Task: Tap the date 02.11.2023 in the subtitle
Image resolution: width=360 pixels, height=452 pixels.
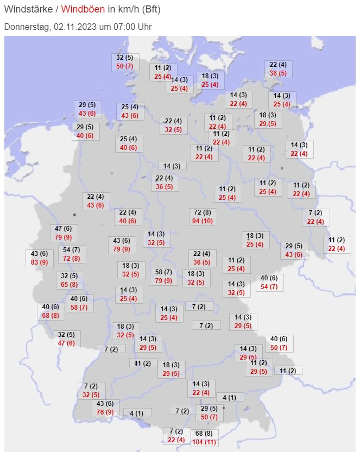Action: [x=74, y=27]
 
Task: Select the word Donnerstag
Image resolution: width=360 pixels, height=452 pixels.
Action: [x=27, y=27]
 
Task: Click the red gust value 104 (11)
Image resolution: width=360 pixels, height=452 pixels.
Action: [x=204, y=442]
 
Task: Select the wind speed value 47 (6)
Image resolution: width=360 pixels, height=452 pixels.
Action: [x=64, y=229]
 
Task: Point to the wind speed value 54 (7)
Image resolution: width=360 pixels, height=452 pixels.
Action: [x=72, y=249]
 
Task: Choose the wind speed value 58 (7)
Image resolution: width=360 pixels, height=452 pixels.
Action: [x=163, y=272]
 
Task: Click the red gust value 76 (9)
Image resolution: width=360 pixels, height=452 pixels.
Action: [x=105, y=412]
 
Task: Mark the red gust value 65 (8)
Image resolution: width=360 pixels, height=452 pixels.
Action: [x=69, y=284]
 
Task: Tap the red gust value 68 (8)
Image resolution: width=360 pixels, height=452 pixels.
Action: [x=50, y=316]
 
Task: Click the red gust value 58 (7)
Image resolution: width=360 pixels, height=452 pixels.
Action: [x=79, y=307]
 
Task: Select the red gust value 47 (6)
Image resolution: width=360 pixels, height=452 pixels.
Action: [x=66, y=343]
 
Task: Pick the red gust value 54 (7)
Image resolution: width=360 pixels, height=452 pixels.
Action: [x=270, y=286]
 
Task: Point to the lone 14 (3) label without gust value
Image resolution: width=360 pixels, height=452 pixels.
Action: [x=172, y=166]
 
